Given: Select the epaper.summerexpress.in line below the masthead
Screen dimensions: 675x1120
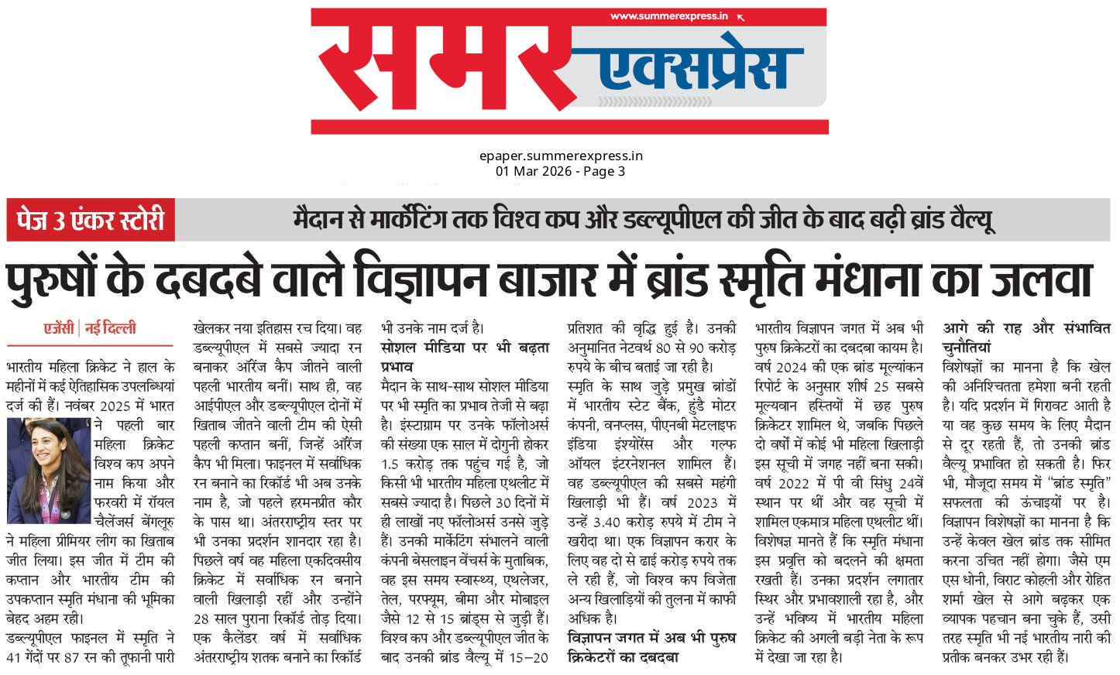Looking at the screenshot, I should point(561,156).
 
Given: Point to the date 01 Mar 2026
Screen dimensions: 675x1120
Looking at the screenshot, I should point(534,171).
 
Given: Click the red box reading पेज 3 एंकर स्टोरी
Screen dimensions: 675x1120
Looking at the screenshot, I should point(91,221).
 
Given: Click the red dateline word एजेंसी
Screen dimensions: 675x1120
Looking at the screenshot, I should point(58,328).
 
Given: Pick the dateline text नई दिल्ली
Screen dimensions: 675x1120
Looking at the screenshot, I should point(110,328).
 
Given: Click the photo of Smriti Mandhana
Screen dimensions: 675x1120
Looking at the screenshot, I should point(49,471).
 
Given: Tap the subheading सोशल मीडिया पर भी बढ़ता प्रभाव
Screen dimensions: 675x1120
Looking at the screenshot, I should point(465,357).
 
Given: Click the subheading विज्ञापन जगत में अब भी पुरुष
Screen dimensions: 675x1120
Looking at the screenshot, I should point(651,638).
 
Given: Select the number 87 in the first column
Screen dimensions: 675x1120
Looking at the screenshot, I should point(77,657).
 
